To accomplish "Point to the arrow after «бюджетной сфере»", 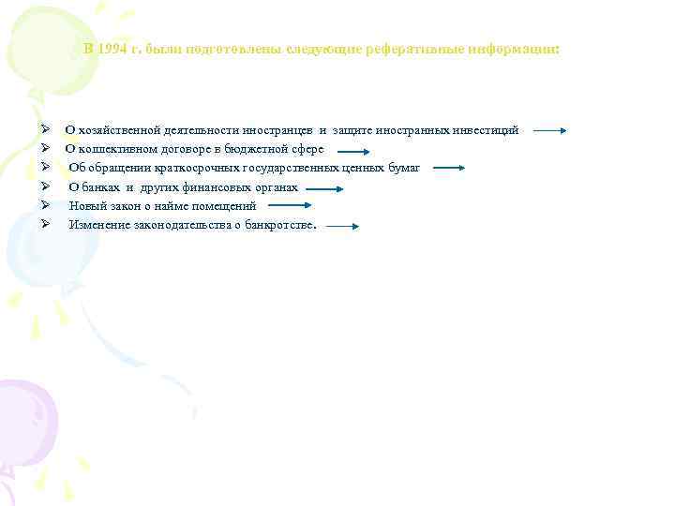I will (353, 150).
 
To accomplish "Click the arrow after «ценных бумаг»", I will (449, 169).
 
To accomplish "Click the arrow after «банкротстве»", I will (342, 226).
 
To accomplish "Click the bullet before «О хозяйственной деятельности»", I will (32, 129).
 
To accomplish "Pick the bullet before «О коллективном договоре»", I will (32, 148).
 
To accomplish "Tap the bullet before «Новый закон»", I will (32, 205).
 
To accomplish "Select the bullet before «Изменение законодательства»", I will (32, 224).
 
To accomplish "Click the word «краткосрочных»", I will (202, 168).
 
